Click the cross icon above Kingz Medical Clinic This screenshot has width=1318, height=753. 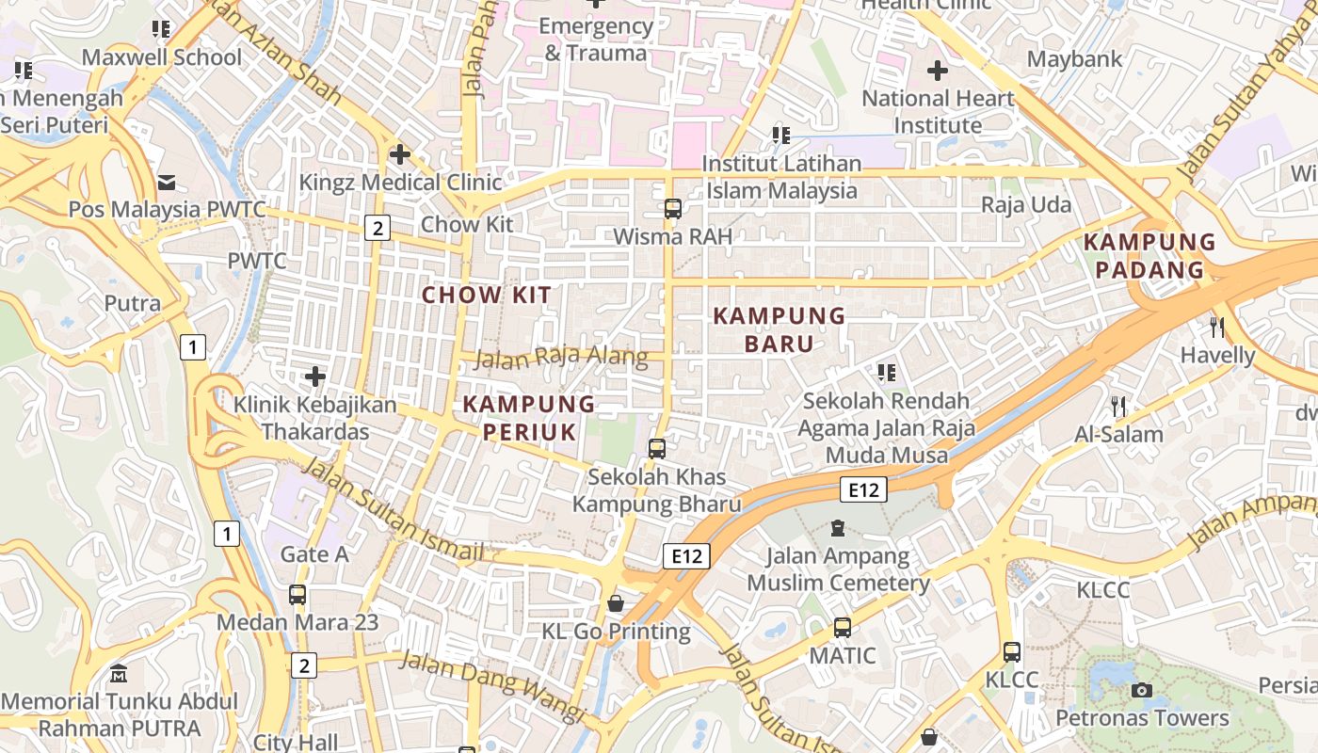[400, 153]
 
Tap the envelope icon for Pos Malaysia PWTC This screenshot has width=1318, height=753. [167, 182]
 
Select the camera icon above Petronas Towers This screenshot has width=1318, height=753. [1142, 691]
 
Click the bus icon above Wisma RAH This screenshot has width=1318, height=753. [672, 209]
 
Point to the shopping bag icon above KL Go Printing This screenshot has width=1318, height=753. [616, 602]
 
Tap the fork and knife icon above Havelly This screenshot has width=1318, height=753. [1217, 328]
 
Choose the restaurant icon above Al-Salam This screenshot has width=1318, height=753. [1118, 407]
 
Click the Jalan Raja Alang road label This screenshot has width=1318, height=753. [561, 358]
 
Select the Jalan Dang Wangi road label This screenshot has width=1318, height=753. [492, 685]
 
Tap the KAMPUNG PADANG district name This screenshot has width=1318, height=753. [1149, 256]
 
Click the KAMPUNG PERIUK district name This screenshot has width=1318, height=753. [529, 418]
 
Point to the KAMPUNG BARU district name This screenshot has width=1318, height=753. [780, 329]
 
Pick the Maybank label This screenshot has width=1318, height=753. [1074, 59]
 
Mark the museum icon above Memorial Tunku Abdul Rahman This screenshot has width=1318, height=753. [119, 674]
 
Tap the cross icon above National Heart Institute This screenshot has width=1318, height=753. [937, 71]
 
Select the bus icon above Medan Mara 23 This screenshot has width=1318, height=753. [297, 595]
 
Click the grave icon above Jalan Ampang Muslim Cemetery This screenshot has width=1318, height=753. [838, 529]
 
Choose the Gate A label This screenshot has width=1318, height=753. [314, 554]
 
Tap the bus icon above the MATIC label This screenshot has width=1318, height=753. [842, 627]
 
